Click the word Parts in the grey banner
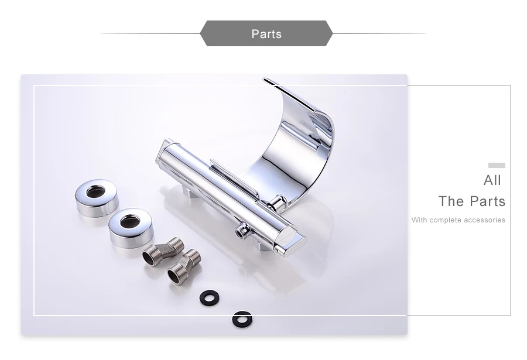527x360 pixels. pos(266,34)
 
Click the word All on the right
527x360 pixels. pos(492,180)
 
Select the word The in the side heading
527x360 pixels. pos(451,201)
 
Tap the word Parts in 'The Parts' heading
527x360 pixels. pos(488,201)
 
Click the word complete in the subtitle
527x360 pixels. pos(446,221)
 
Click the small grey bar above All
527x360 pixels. pos(497,165)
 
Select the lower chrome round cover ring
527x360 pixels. pos(131,228)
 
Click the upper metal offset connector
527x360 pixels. pos(163,252)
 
